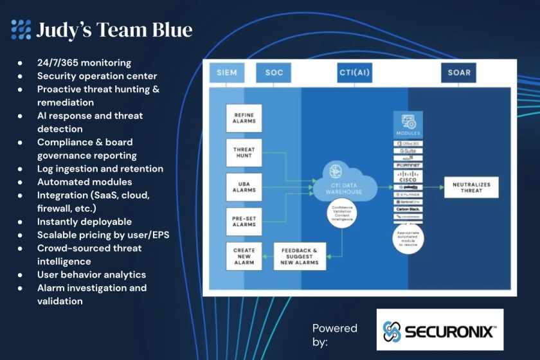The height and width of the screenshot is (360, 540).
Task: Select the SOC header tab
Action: click(x=274, y=73)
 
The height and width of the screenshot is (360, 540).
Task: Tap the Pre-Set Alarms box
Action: click(x=244, y=221)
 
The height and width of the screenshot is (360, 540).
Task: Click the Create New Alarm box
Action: click(x=244, y=255)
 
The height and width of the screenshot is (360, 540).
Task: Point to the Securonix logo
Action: click(x=440, y=331)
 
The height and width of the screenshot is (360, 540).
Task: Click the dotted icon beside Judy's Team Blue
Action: click(x=21, y=30)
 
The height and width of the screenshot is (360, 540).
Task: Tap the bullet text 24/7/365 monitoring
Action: click(x=84, y=63)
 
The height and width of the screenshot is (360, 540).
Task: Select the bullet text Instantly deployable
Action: click(x=84, y=222)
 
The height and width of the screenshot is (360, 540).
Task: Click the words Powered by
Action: click(x=334, y=335)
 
